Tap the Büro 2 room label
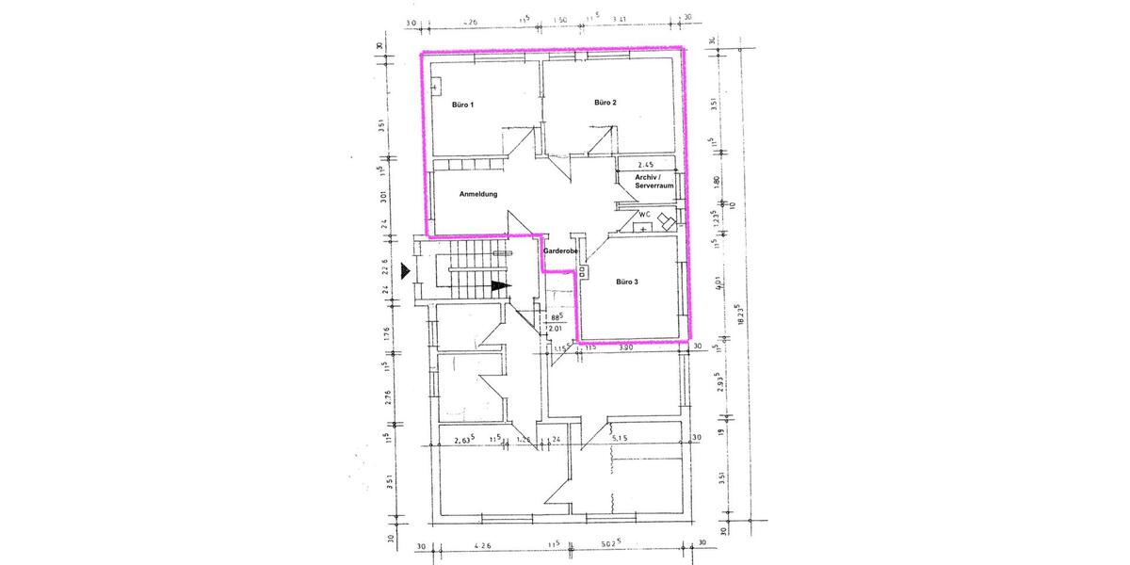605,102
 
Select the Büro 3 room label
628,282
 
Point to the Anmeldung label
477,195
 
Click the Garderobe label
558,251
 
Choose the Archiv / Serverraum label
654,182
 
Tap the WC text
645,214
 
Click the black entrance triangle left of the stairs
405,272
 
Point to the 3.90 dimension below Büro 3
627,347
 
